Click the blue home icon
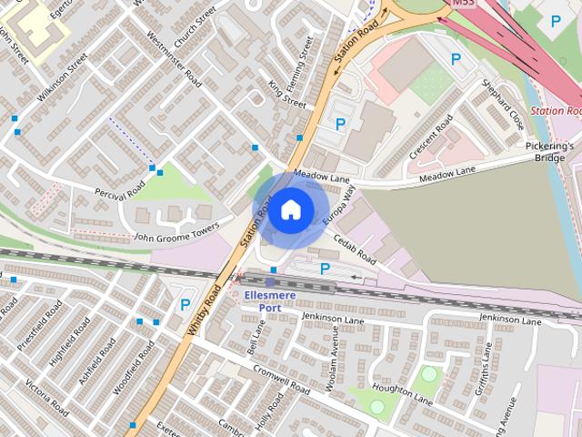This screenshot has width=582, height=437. [290, 209]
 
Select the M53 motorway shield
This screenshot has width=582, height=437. [464, 4]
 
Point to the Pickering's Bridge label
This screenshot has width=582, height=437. [550, 151]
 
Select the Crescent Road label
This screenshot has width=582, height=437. [430, 137]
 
